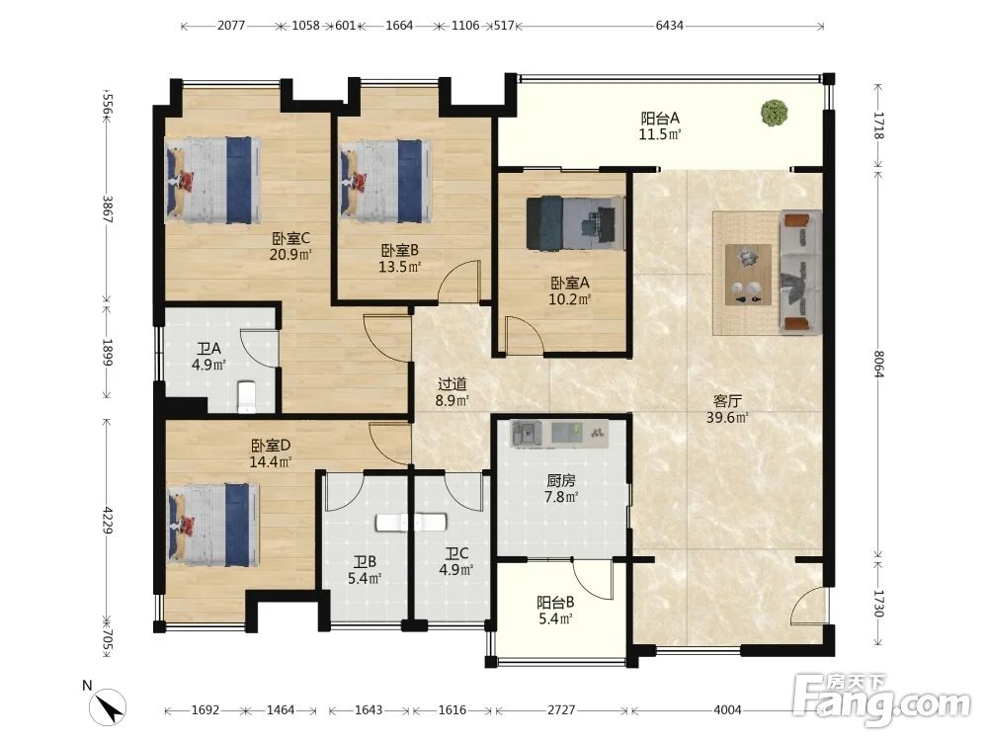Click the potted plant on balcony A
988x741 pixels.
[x=774, y=114]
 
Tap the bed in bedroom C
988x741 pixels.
[x=213, y=180]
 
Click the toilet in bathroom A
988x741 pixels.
[x=246, y=396]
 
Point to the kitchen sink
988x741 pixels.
[x=527, y=434]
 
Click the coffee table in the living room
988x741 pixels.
[x=749, y=275]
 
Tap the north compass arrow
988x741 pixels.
[x=109, y=706]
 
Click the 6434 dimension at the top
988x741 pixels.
[x=669, y=26]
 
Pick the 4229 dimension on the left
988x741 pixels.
[x=108, y=521]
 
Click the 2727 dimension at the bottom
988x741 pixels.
[x=561, y=710]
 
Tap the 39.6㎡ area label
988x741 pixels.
[x=727, y=418]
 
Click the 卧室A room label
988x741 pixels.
[x=570, y=283]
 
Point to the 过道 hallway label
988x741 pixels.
[x=453, y=383]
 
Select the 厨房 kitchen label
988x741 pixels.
[x=561, y=481]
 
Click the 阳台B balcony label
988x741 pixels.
[x=555, y=603]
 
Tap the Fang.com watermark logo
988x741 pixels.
[x=881, y=700]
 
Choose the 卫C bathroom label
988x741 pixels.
[x=456, y=554]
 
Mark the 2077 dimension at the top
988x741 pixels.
[x=231, y=26]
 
